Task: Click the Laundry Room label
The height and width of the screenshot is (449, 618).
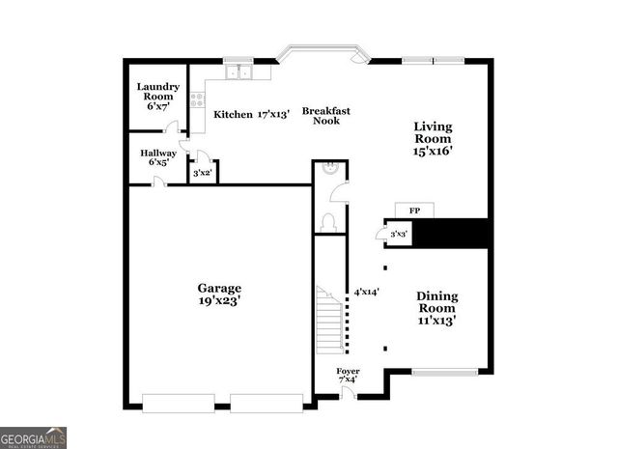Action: tap(156, 97)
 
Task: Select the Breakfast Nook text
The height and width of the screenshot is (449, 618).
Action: tap(325, 116)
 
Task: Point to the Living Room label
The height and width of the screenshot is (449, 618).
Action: tap(433, 138)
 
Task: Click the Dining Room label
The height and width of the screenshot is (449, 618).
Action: tap(436, 307)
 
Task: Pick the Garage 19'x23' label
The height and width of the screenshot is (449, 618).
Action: tap(220, 295)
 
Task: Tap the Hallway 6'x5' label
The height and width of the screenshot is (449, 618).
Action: tap(158, 157)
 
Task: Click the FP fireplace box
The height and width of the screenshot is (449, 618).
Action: tap(414, 210)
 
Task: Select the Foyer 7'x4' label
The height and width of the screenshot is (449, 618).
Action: tap(348, 376)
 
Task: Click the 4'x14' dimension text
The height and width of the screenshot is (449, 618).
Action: tap(367, 291)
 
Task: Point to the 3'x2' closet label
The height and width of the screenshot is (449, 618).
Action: tap(203, 174)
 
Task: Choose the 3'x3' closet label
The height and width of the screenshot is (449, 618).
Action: tap(399, 234)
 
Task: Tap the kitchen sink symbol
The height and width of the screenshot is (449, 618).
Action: tap(238, 71)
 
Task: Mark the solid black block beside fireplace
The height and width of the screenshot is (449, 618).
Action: tap(454, 235)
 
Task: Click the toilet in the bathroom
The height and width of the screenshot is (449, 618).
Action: tap(328, 221)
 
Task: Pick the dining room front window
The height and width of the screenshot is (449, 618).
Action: tap(445, 371)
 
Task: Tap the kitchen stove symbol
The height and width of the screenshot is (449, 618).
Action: tap(197, 98)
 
